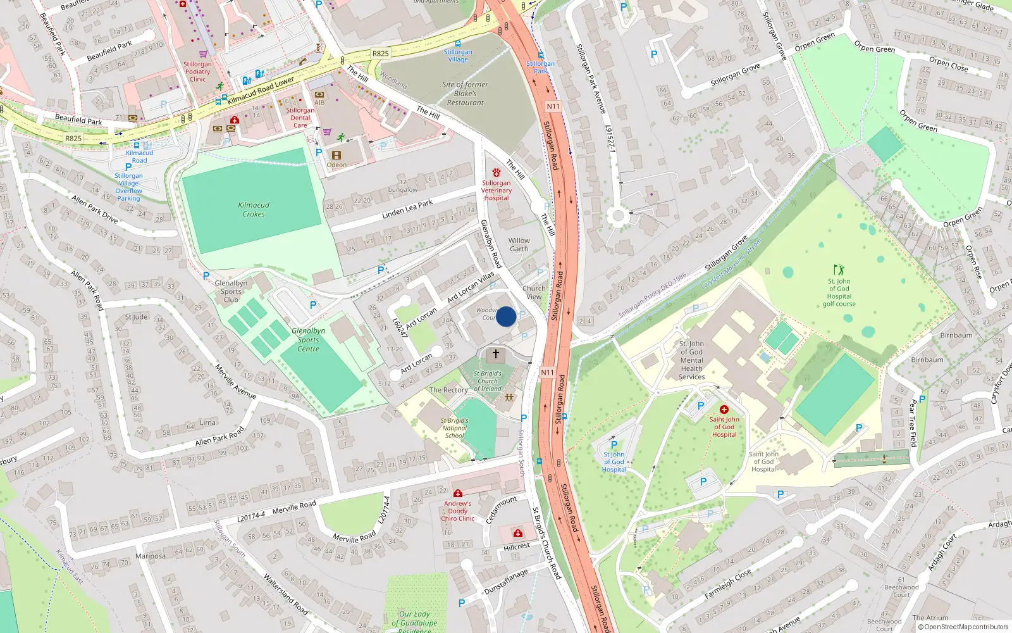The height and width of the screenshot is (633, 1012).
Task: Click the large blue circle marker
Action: pos(506,316)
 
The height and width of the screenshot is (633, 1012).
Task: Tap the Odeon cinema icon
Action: pos(336,155)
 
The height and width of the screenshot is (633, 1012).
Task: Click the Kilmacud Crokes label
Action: pos(254,210)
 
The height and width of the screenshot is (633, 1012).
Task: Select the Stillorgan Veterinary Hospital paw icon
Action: pos(497,172)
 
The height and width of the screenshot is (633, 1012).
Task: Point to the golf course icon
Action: pos(839,270)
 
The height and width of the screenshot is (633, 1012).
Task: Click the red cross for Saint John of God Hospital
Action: pos(724,410)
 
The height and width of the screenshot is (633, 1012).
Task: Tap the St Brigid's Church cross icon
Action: pos(496,354)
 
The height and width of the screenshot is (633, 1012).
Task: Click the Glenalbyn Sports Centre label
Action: pos(309,340)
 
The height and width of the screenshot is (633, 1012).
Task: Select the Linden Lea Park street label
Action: pos(407,209)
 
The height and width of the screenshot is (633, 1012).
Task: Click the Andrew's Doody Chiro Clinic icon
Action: pos(458,493)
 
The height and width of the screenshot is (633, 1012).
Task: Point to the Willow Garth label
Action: pos(519,245)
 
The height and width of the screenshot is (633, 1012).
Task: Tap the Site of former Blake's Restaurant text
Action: pos(466,94)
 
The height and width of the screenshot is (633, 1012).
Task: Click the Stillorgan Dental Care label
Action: pos(300,118)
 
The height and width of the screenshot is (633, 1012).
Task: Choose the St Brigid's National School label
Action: pos(455,428)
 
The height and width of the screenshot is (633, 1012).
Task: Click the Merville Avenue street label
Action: pos(235,380)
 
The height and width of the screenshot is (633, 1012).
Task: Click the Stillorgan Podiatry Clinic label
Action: pos(198,72)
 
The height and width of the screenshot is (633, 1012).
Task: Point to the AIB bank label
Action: pos(319,103)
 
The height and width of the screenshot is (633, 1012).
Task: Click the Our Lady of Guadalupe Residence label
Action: pos(414,622)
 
